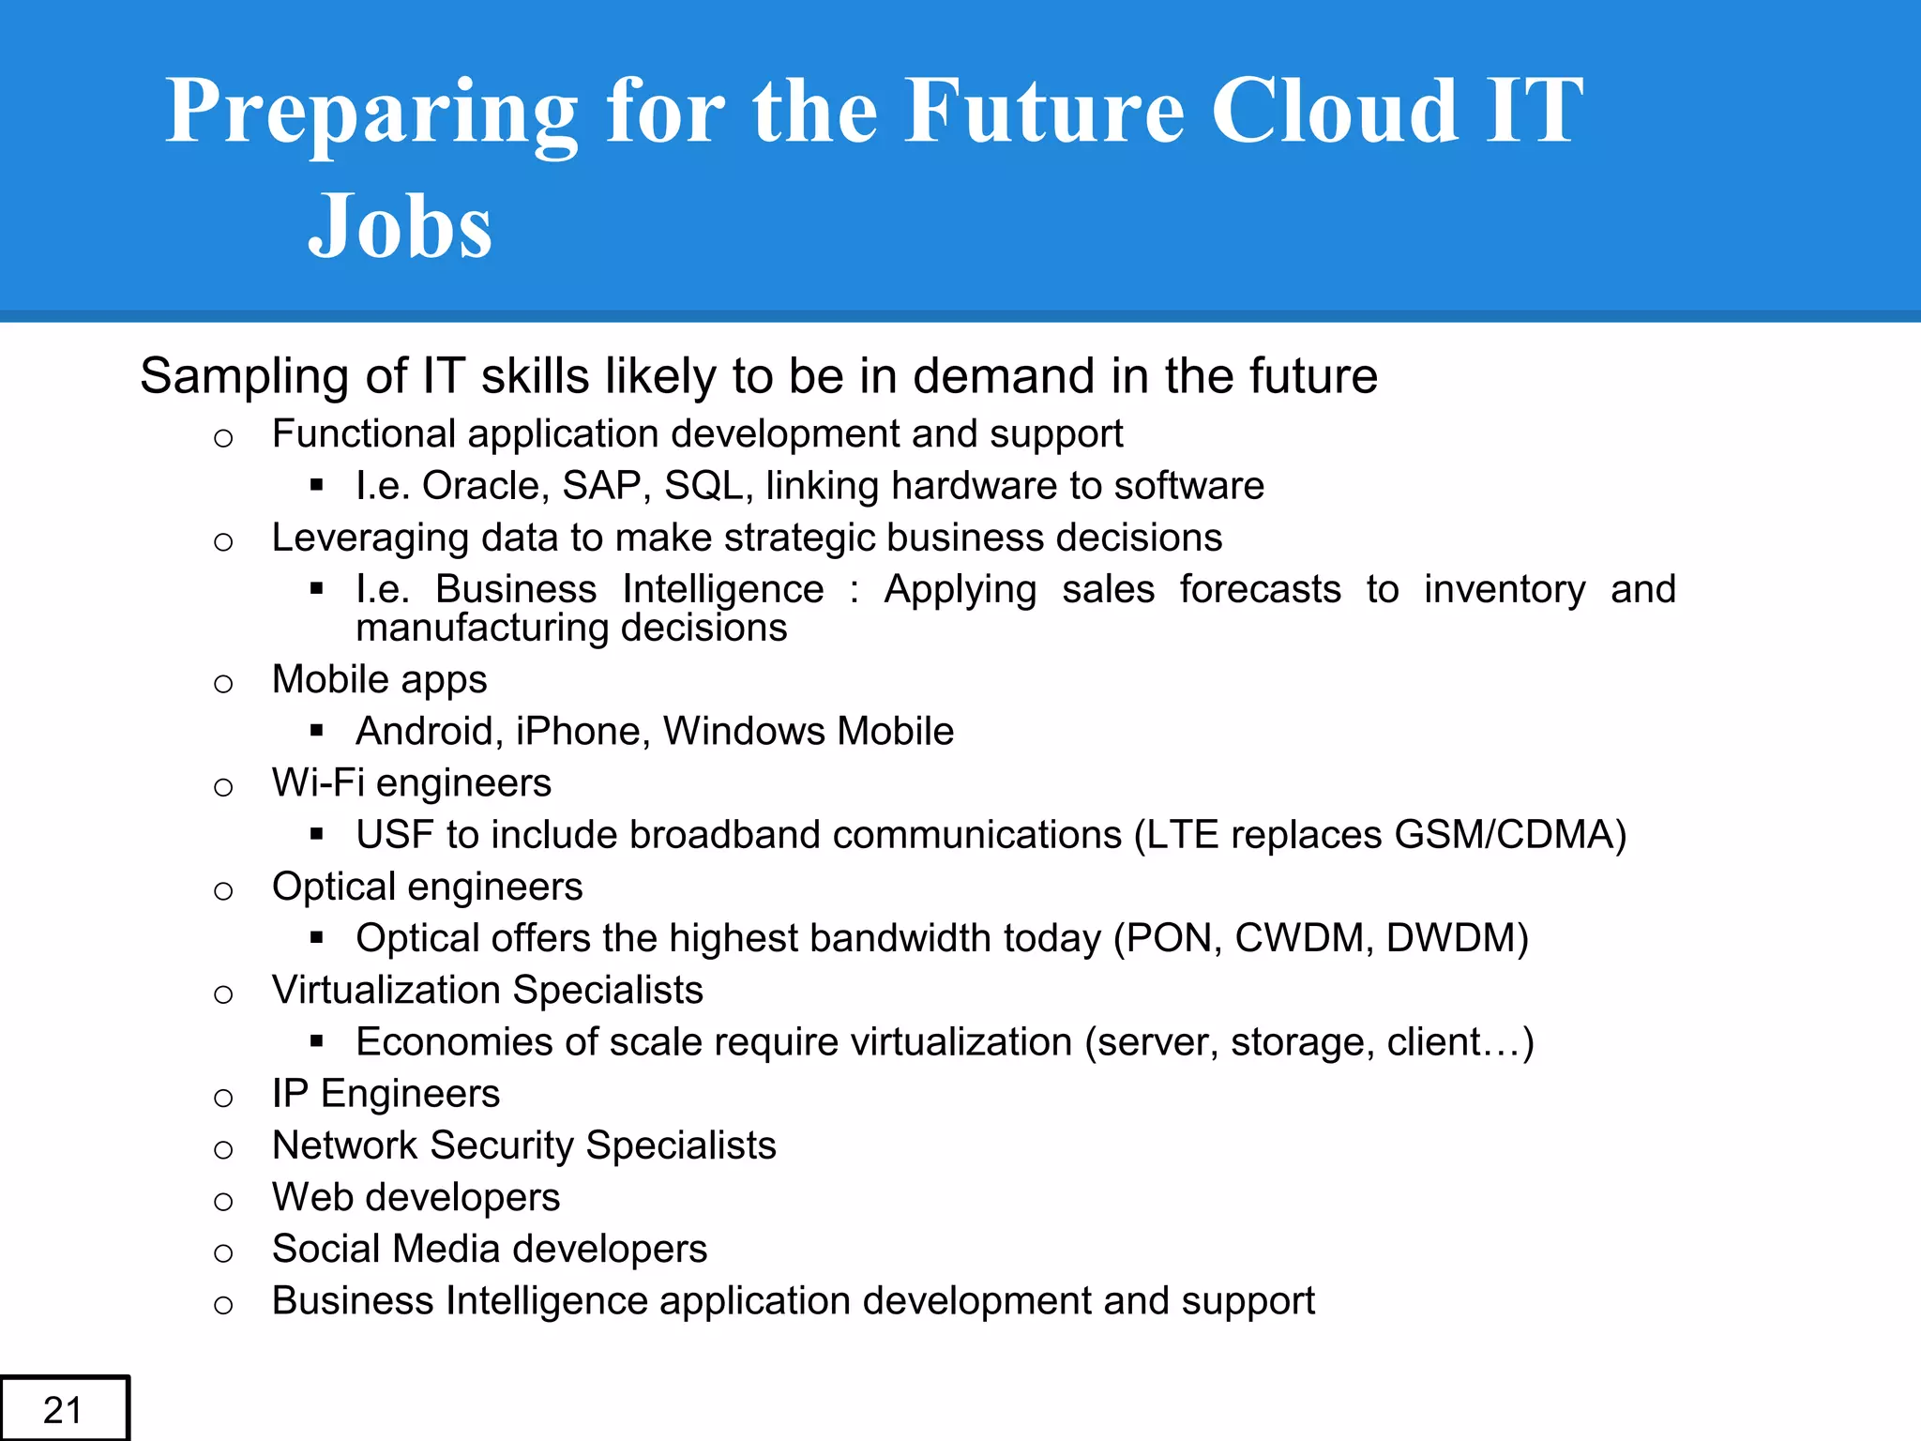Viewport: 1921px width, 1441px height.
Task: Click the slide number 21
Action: point(63,1410)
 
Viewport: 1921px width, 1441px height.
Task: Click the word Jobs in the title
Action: point(400,226)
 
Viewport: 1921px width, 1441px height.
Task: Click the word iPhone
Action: point(577,731)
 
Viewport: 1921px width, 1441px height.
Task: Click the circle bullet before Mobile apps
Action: point(223,684)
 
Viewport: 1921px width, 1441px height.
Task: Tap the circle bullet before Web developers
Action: point(223,1202)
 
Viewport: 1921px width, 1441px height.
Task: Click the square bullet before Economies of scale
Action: point(316,1040)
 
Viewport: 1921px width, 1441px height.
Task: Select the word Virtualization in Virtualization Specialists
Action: point(386,991)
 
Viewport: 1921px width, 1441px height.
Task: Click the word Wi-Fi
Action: point(317,783)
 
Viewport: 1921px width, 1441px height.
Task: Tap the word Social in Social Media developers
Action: point(325,1250)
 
